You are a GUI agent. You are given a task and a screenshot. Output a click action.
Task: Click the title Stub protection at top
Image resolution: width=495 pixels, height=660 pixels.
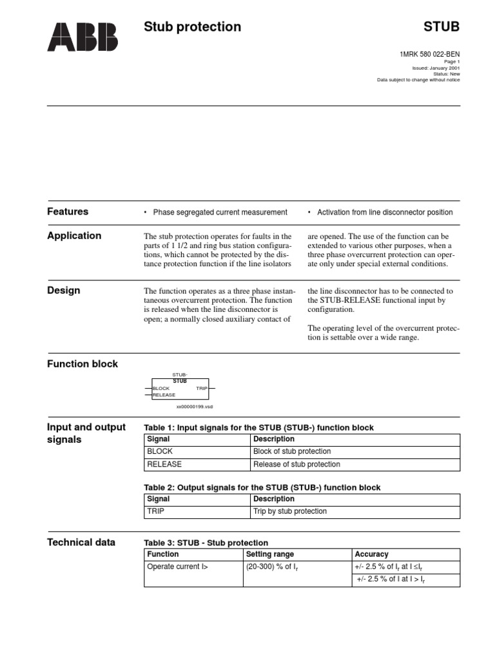(192, 26)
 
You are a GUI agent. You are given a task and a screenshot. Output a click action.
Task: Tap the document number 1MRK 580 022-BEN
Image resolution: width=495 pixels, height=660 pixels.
(430, 54)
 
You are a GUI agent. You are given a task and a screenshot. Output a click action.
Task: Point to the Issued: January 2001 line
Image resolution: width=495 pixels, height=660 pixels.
(436, 68)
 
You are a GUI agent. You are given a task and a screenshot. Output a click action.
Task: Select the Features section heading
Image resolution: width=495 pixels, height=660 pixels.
(68, 211)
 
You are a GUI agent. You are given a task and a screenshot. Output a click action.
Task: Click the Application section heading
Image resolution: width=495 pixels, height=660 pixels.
(74, 235)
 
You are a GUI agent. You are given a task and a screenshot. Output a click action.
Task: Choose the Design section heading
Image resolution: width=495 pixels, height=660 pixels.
(64, 290)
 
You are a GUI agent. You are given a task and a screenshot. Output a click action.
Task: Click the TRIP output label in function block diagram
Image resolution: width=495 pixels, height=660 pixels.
(201, 389)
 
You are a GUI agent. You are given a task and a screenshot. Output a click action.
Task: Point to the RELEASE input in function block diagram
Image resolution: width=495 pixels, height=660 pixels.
(164, 395)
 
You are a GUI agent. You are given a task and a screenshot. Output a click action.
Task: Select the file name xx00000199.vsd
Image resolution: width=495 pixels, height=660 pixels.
(195, 407)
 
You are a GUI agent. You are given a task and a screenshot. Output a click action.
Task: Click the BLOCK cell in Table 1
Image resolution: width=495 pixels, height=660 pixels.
(160, 451)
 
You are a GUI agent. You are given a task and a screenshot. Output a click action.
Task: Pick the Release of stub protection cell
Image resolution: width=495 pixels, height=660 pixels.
(296, 464)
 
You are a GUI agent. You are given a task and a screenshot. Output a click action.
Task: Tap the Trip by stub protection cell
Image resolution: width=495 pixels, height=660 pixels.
(290, 511)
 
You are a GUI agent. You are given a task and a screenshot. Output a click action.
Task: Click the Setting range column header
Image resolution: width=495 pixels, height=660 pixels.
(269, 554)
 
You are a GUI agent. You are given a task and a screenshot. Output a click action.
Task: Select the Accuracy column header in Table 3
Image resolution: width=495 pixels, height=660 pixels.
(371, 554)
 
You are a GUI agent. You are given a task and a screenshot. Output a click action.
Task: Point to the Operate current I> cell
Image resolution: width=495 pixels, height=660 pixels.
(178, 567)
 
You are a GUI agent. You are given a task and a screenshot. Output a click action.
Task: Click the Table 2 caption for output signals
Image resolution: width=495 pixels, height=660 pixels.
(262, 487)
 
